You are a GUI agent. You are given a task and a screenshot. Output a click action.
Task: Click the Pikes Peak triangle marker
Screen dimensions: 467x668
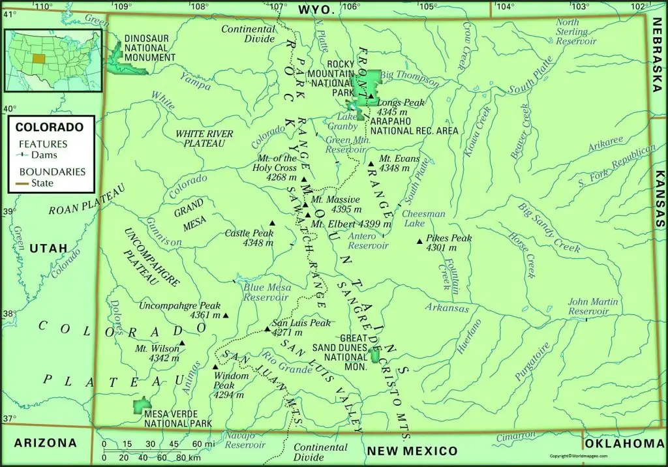(x=419, y=242)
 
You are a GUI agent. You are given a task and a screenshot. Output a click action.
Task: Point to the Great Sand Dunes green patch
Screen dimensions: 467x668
(x=374, y=355)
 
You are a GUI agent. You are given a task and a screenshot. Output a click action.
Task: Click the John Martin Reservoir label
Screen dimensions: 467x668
(x=588, y=307)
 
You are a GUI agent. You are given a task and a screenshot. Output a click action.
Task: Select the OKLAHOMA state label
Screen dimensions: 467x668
(x=624, y=444)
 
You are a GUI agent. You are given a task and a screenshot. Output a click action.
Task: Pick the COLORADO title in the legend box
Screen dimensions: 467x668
(x=50, y=127)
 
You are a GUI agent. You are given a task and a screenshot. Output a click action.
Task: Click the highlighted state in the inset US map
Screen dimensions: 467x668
(x=38, y=58)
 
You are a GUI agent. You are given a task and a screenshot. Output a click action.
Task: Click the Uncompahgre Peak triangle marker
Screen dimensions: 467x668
(x=226, y=316)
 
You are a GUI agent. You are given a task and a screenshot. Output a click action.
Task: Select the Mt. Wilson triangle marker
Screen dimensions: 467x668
(x=182, y=344)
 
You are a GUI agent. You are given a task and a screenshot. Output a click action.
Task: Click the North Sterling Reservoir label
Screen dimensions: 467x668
(x=576, y=32)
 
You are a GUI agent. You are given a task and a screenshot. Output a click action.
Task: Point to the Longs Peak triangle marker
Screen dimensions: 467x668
(x=371, y=97)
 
